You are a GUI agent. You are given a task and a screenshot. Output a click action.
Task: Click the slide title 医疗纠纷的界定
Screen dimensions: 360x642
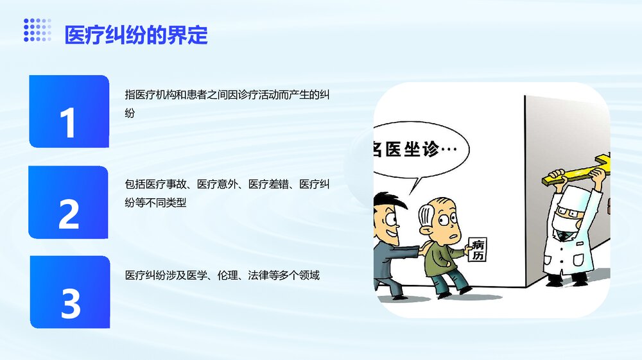point(136,35)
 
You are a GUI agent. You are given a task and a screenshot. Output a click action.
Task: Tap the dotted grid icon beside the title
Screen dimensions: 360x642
point(37,30)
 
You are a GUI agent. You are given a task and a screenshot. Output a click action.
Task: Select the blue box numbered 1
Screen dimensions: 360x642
point(69,111)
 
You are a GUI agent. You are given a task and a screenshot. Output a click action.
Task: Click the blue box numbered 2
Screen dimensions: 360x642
point(69,201)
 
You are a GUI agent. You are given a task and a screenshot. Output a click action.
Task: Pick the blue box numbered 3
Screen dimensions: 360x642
point(70,292)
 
